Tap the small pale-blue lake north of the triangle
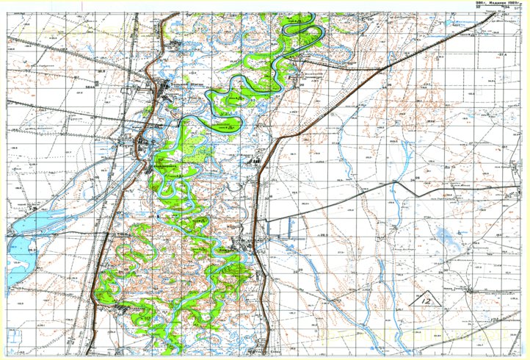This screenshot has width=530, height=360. point(443,237)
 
